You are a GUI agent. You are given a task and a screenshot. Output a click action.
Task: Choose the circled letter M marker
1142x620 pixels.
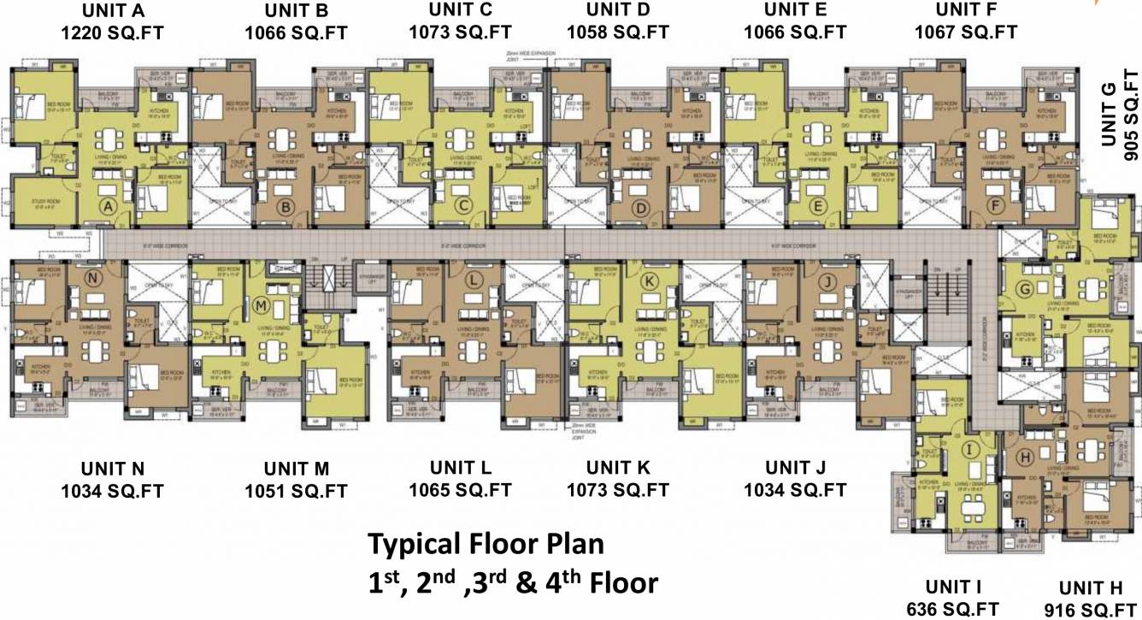[x=262, y=305]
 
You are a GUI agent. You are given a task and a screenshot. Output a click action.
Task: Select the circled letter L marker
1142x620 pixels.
[x=473, y=280]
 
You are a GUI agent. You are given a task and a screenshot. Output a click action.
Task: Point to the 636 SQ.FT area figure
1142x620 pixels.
[x=953, y=609]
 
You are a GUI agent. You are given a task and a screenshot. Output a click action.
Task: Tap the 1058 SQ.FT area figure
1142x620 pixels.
[x=617, y=32]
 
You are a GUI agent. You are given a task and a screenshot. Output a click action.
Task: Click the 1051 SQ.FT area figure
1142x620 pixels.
[x=297, y=491]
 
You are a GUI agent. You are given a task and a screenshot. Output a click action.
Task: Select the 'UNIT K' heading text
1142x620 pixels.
[x=617, y=468]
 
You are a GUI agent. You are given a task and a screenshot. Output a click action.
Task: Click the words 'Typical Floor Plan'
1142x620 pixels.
[x=486, y=544]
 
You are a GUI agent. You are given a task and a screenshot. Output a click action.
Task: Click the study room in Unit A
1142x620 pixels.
[x=38, y=201]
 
